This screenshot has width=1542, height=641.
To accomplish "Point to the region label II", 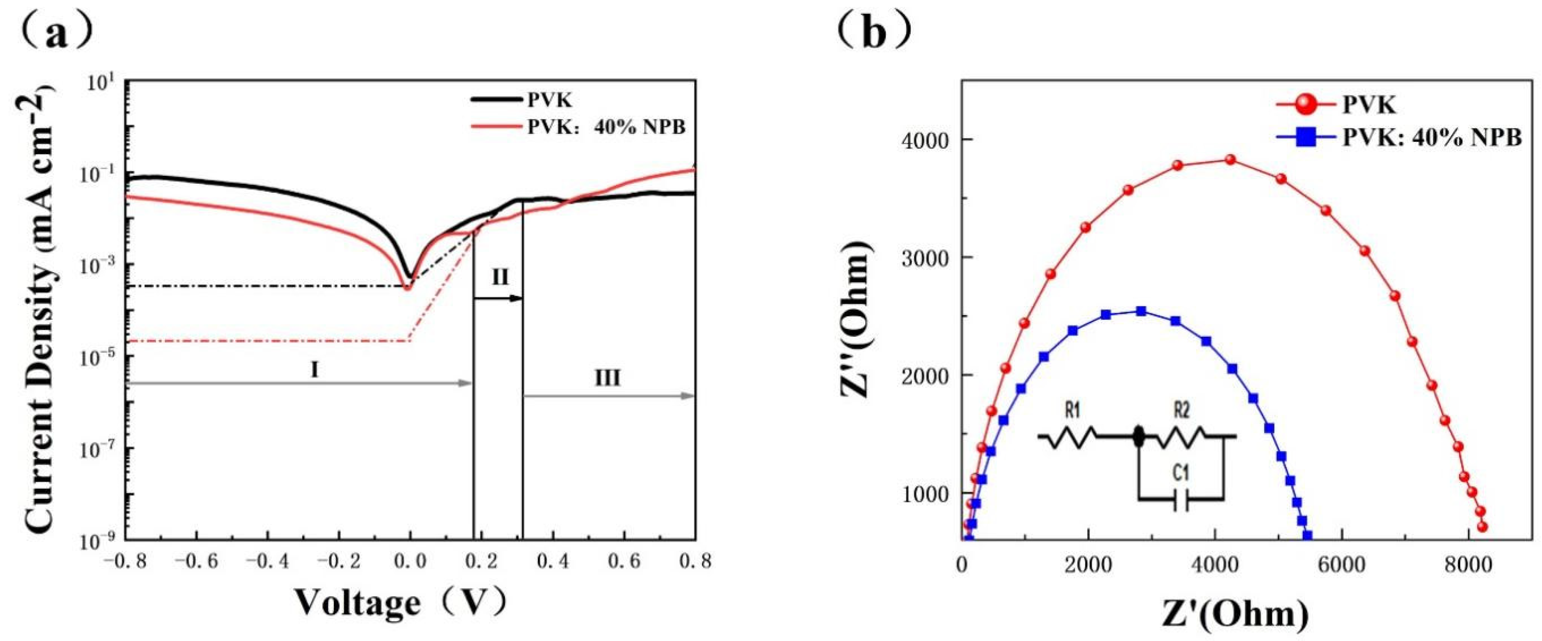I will pyautogui.click(x=500, y=277).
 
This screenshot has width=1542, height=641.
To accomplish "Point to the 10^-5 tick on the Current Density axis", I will pyautogui.click(x=99, y=357).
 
